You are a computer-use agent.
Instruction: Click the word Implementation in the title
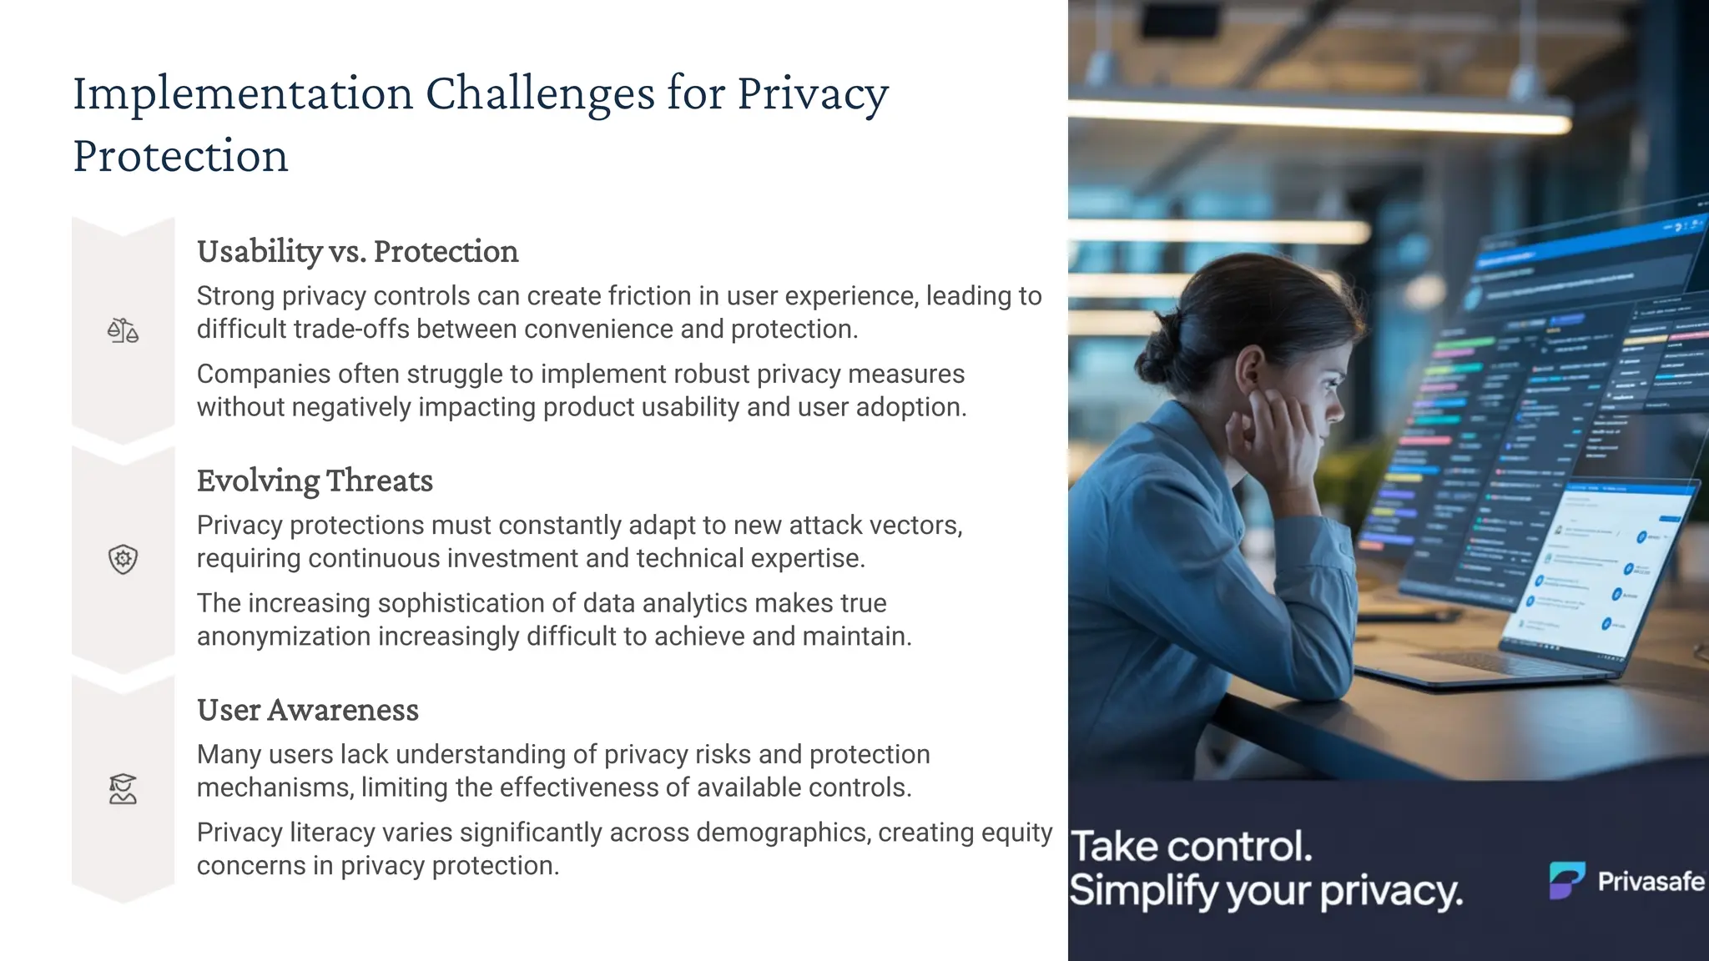point(243,93)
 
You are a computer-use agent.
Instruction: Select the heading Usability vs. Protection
point(357,251)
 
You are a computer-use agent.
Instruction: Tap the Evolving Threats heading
point(315,480)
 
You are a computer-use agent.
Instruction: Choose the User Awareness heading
point(307,710)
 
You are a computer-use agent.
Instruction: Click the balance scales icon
point(123,330)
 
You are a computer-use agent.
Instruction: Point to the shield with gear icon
point(123,559)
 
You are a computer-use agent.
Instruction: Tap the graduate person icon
point(123,788)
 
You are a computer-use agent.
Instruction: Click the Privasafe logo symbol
point(1566,880)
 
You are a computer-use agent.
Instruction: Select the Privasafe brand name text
point(1650,881)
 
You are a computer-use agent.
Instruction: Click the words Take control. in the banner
point(1191,847)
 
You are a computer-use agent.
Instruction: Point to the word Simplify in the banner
point(1144,891)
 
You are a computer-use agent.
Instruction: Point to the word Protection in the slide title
point(180,156)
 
